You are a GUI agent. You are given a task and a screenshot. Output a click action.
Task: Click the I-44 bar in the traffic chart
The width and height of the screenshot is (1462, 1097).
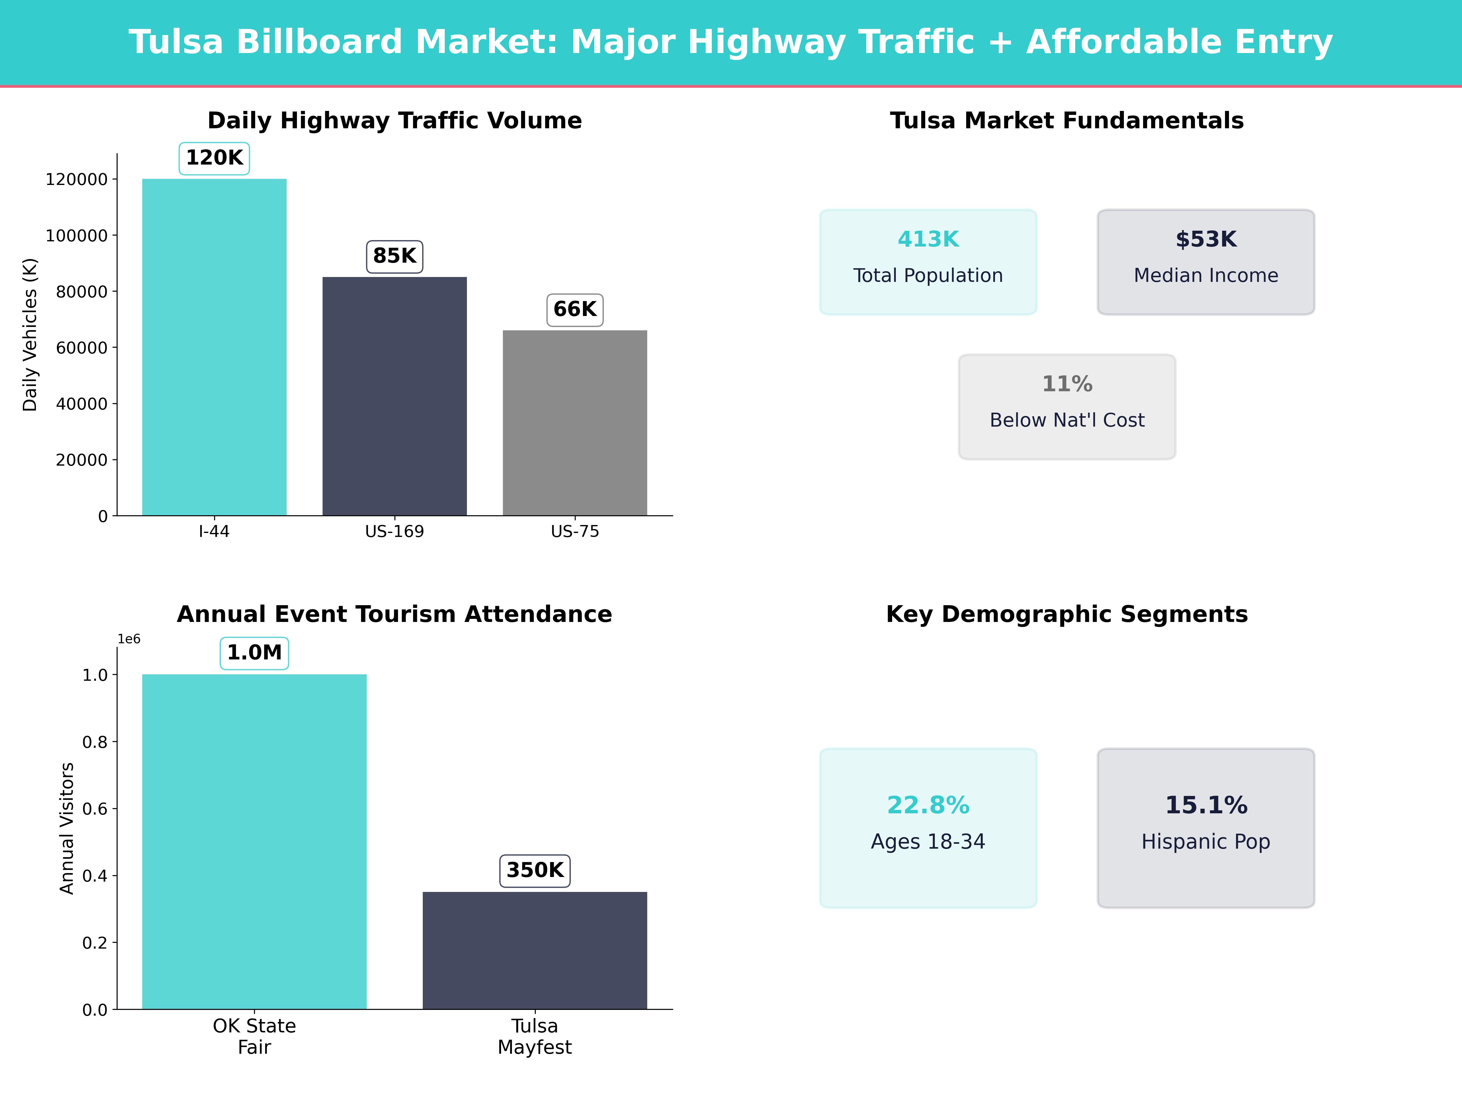pyautogui.click(x=214, y=347)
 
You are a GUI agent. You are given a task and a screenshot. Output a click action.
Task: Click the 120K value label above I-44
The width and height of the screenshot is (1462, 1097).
pyautogui.click(x=214, y=158)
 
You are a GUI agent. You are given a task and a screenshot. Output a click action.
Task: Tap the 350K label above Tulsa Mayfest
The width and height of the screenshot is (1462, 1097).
pyautogui.click(x=535, y=870)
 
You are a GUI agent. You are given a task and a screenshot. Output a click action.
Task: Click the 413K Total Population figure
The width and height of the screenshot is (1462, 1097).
pyautogui.click(x=928, y=240)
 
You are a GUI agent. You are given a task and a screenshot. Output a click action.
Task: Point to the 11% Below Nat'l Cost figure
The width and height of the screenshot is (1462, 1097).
pyautogui.click(x=1067, y=384)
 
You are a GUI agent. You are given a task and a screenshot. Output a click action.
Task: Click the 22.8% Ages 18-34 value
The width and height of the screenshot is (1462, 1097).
pyautogui.click(x=928, y=805)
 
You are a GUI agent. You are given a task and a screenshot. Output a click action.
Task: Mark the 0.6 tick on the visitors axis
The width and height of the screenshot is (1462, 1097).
pyautogui.click(x=94, y=809)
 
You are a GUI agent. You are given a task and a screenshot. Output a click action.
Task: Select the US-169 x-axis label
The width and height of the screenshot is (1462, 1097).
pyautogui.click(x=394, y=532)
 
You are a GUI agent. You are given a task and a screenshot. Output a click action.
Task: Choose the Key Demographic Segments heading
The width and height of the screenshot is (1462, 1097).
pyautogui.click(x=1067, y=614)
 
